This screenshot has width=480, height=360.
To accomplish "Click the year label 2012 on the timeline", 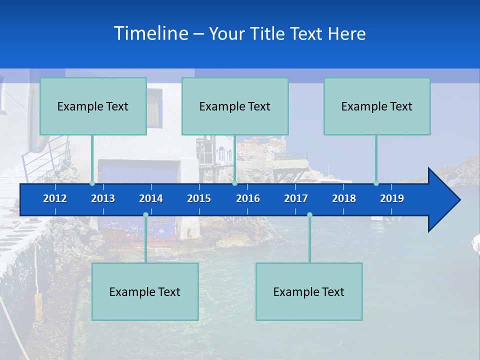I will point(55,198).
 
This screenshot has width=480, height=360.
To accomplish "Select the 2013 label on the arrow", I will point(103,198).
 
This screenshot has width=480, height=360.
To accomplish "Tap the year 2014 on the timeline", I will point(151,198).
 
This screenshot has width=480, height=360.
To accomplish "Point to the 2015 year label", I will point(199,198).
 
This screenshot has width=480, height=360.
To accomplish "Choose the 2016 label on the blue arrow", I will point(248,198).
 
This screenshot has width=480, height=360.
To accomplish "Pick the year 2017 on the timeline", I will point(296,198).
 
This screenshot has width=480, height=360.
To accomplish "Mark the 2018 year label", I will point(344,198).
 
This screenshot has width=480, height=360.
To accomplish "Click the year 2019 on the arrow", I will point(392,198).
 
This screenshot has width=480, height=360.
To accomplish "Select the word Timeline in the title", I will point(151,33).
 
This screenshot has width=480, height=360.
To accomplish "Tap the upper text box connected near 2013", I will point(93,106).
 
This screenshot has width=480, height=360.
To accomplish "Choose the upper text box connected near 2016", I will point(235,106).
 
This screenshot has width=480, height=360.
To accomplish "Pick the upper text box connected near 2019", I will point(377,106).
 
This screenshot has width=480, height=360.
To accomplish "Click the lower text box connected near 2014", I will point(145,291).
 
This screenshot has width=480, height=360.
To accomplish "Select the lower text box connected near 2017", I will point(309,291).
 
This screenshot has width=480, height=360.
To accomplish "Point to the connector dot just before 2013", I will point(92,183).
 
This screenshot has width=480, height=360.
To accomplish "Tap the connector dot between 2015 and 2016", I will point(234,183).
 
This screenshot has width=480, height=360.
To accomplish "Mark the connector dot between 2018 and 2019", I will point(376,183).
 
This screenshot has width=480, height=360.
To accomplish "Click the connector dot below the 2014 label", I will point(145,215).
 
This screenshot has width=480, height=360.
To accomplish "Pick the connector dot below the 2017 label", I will point(309,215).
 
